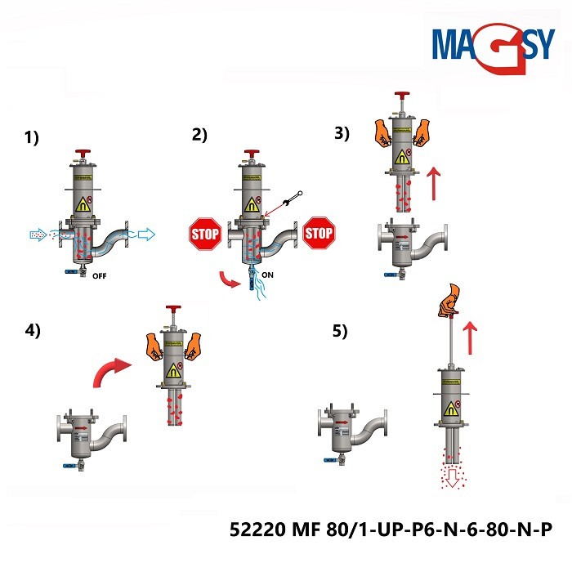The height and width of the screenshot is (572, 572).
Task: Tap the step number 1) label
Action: pos(32,138)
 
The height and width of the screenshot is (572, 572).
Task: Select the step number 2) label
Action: pos(199,136)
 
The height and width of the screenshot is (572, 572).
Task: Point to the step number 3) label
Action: pos(342,133)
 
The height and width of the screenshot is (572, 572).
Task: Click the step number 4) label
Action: pos(32,332)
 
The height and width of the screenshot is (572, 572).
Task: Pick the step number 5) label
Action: pos(339,331)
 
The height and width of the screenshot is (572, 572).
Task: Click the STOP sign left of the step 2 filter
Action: pos(204,233)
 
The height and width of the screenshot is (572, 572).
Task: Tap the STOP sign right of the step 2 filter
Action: pos(319,233)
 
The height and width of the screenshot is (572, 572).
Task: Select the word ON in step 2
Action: pos(268,275)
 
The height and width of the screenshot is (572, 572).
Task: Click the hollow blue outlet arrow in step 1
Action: pos(143,235)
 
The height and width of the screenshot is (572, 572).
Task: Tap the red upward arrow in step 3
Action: pos(434,185)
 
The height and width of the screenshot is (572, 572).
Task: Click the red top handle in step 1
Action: pos(82,154)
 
